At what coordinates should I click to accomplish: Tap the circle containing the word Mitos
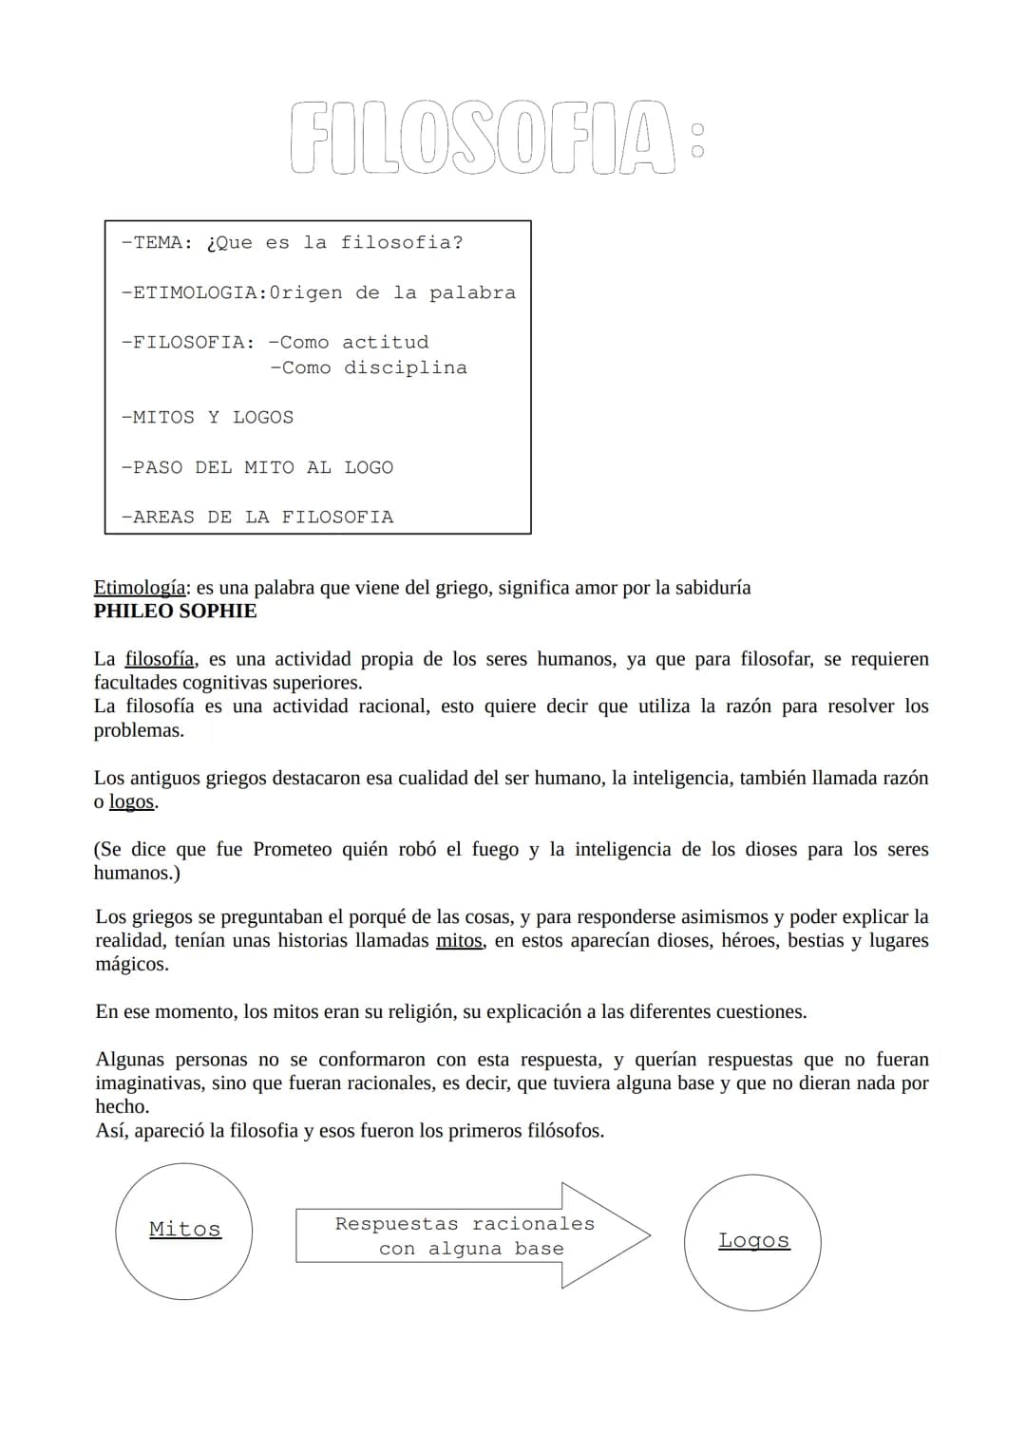click(184, 1230)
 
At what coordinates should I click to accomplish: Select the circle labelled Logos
click(752, 1241)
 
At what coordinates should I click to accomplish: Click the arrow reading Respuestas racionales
click(465, 1235)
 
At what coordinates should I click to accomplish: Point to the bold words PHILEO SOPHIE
click(175, 612)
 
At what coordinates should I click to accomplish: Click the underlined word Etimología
click(139, 588)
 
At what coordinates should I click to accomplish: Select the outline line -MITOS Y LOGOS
click(207, 418)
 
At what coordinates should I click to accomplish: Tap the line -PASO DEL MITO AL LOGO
click(256, 467)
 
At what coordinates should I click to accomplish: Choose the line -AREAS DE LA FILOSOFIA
click(256, 518)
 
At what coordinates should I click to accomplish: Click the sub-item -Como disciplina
click(369, 367)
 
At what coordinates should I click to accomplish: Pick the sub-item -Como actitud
click(349, 342)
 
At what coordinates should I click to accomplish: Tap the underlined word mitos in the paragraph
click(459, 941)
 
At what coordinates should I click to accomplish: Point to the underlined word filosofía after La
click(160, 659)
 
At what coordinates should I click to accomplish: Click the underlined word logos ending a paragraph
click(131, 801)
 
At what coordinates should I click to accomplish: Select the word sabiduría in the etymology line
click(712, 588)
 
